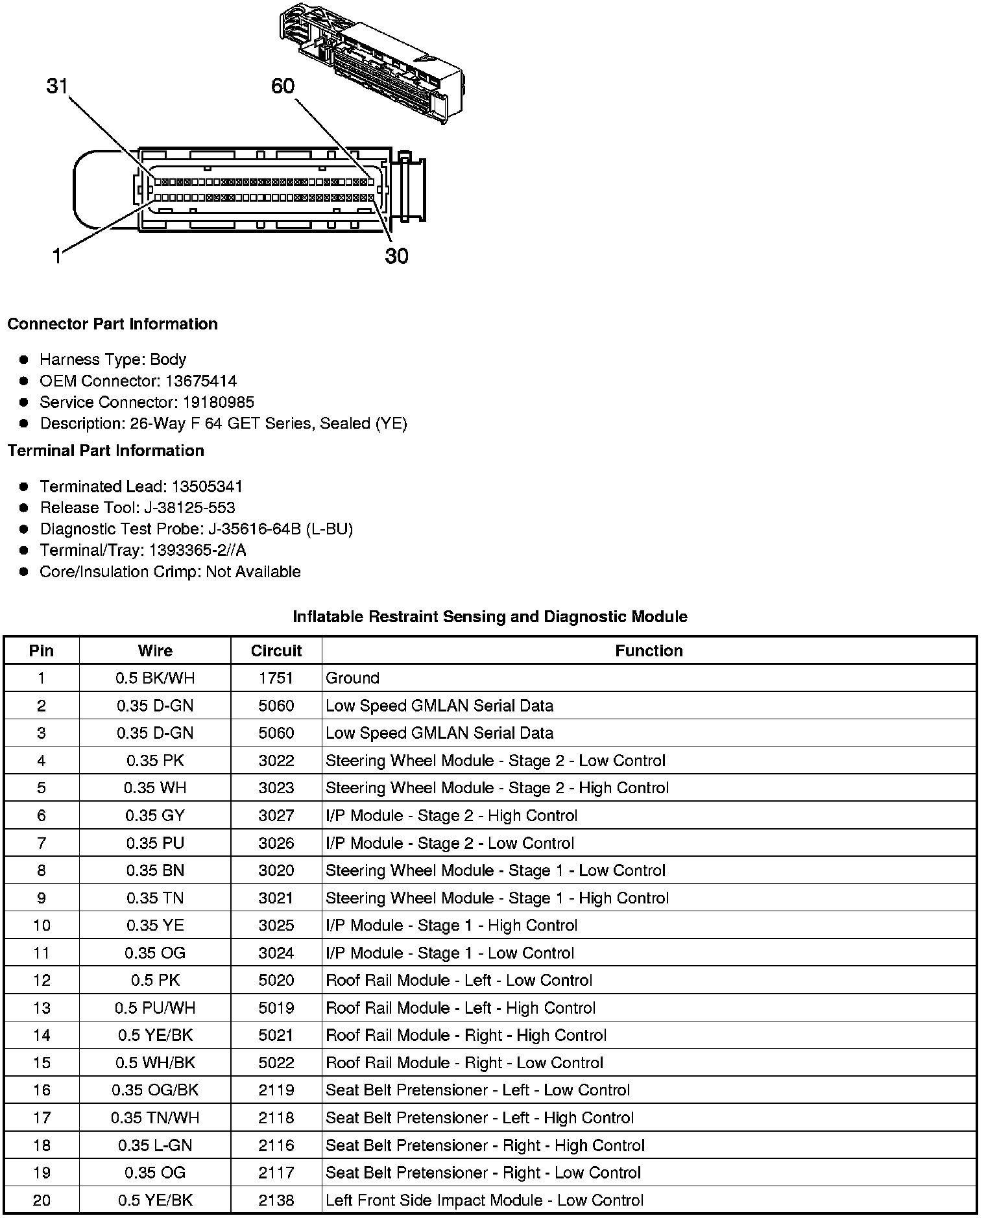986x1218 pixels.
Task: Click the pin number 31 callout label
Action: pos(57,86)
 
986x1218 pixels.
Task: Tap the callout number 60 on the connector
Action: pos(283,86)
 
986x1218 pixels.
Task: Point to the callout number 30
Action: pos(396,257)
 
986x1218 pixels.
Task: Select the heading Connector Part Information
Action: pos(112,324)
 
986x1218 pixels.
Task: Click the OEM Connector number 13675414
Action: pos(200,381)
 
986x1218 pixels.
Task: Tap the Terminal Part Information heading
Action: pos(106,451)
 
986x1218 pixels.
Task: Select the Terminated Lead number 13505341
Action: pos(207,486)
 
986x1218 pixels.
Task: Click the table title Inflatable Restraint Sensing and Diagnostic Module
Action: pos(490,616)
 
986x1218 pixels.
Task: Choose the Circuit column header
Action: pos(276,651)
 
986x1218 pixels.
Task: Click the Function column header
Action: pos(649,651)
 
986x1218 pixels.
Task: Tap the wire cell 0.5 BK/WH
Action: pos(155,678)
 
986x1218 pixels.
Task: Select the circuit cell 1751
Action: pos(276,678)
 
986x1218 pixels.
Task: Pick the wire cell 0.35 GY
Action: pos(155,815)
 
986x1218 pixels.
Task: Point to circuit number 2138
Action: pos(276,1200)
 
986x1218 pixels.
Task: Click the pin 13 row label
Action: pos(42,1008)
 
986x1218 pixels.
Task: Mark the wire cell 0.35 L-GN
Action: pos(155,1145)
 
